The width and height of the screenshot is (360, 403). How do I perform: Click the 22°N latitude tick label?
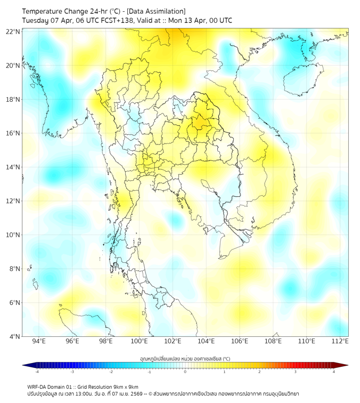click(x=13, y=31)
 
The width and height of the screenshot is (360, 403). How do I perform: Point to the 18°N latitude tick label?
click(x=13, y=100)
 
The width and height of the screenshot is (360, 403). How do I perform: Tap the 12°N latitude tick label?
click(x=13, y=201)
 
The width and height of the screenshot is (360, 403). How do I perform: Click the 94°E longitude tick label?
click(x=39, y=341)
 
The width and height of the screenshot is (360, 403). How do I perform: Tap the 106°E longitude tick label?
click(x=240, y=341)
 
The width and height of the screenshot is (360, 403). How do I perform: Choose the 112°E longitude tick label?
click(x=340, y=341)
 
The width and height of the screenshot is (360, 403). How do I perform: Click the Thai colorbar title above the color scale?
click(x=185, y=358)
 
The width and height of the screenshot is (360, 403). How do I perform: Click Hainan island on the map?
click(x=303, y=79)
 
